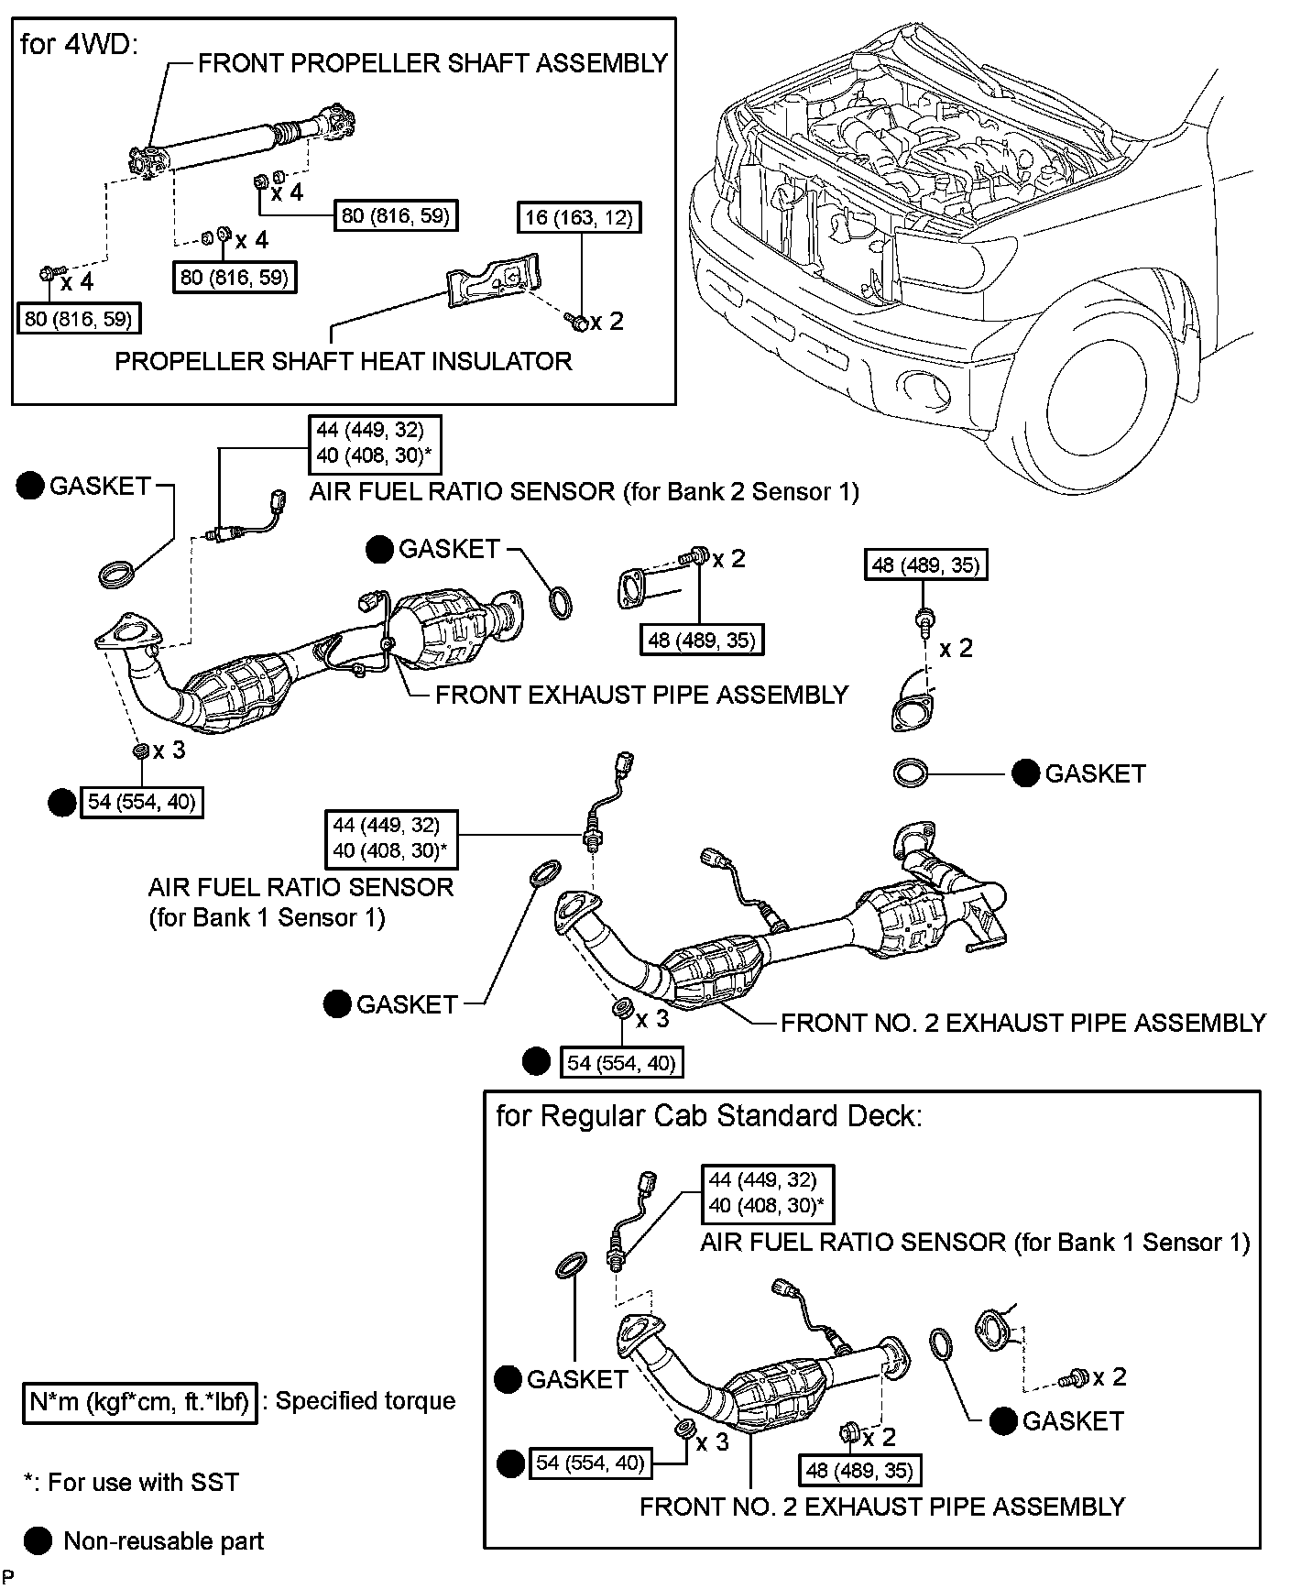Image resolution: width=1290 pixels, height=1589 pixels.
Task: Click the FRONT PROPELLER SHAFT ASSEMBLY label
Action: (432, 63)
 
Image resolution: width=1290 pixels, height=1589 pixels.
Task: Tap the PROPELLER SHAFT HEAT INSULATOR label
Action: (343, 361)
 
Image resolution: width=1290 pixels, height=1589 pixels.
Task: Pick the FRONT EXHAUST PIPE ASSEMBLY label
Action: (641, 695)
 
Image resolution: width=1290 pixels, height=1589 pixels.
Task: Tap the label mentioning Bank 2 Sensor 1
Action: (584, 492)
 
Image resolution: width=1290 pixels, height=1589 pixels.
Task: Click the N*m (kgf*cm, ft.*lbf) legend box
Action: (140, 1401)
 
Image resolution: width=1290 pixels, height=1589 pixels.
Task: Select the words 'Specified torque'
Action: (366, 1401)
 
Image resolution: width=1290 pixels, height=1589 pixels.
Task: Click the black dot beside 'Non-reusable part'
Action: (38, 1541)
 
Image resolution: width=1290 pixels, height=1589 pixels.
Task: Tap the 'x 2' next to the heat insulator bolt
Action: (607, 322)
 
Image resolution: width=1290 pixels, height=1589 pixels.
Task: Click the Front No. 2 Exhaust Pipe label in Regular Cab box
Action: (881, 1507)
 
